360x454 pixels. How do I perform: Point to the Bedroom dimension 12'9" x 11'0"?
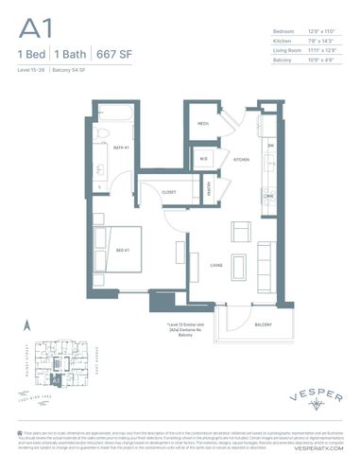pyautogui.click(x=322, y=33)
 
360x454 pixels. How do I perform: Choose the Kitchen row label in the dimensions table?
pyautogui.click(x=283, y=42)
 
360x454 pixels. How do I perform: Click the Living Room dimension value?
pyautogui.click(x=322, y=50)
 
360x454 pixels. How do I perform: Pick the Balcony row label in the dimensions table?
pyautogui.click(x=283, y=60)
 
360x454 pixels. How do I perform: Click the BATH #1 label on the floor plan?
pyautogui.click(x=122, y=148)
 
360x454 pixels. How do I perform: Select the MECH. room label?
pyautogui.click(x=203, y=124)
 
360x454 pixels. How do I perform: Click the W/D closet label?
pyautogui.click(x=203, y=159)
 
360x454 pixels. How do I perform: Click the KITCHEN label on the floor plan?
pyautogui.click(x=241, y=160)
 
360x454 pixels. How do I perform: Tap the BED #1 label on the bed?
pyautogui.click(x=122, y=250)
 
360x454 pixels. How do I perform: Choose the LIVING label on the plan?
pyautogui.click(x=215, y=266)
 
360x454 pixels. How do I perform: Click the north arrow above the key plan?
pyautogui.click(x=29, y=325)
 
